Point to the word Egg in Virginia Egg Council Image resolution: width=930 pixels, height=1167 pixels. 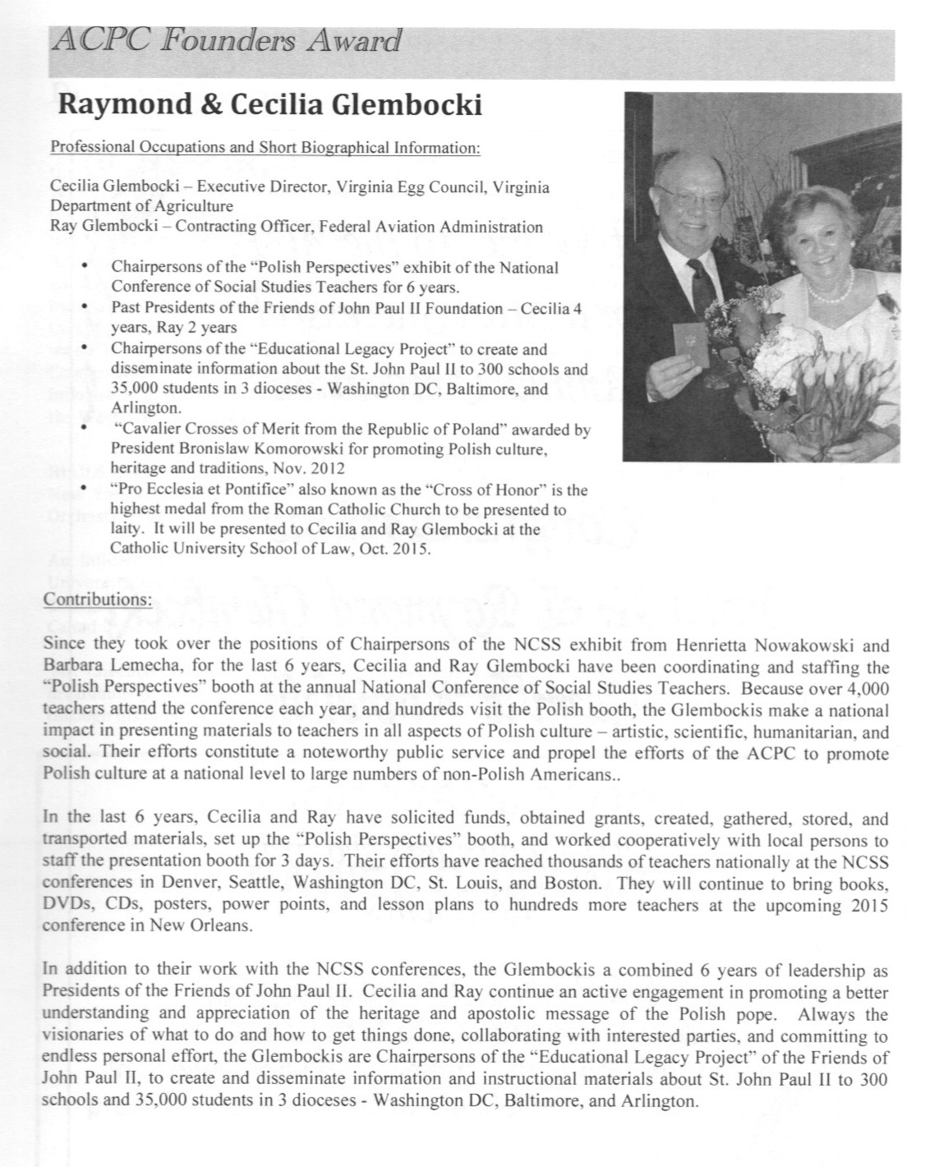coord(377,187)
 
